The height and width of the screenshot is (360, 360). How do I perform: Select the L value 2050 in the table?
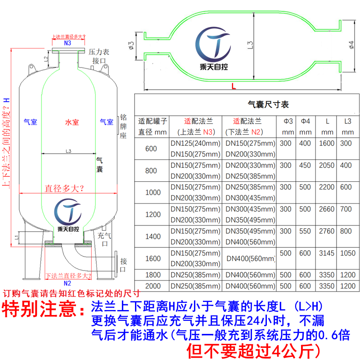[x=327, y=166]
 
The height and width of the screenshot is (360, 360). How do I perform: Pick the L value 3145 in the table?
[x=327, y=253]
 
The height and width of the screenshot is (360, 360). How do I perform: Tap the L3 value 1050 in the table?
[x=347, y=253]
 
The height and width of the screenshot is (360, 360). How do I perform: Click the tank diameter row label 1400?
[x=153, y=236]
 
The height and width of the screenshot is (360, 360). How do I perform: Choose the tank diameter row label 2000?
[x=153, y=286]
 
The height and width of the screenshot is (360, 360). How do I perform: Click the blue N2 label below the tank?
[x=67, y=283]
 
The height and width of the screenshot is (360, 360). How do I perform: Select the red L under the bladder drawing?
[x=234, y=86]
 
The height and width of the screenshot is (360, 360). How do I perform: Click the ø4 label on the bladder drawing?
[x=351, y=45]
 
